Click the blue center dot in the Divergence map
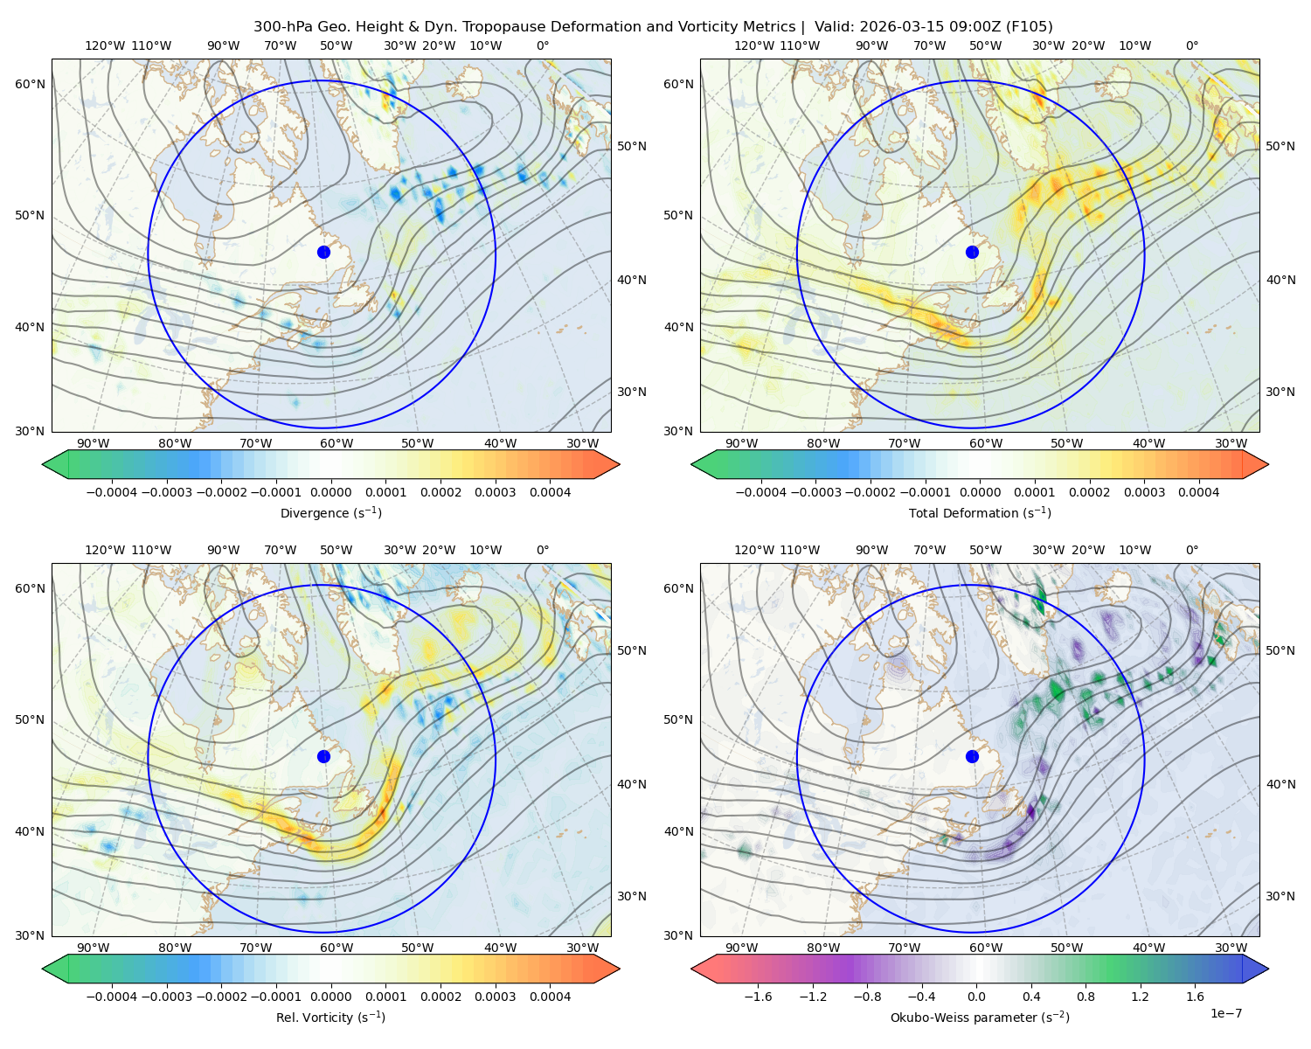323,253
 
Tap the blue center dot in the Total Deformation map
972,253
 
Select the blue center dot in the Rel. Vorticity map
323,756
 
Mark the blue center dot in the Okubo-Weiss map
972,756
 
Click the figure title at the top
653,27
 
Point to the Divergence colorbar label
330,513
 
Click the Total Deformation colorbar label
980,513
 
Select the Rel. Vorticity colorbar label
330,1018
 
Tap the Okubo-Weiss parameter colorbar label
980,1018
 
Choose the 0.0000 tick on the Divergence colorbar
330,492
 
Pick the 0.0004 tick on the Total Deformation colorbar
1198,492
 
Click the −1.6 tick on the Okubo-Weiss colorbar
759,997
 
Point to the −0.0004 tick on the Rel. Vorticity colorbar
112,997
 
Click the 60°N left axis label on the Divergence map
30,84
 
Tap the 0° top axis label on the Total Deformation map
1191,45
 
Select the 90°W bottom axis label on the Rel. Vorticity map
94,948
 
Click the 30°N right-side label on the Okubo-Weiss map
1280,896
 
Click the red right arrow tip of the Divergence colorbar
619,464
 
